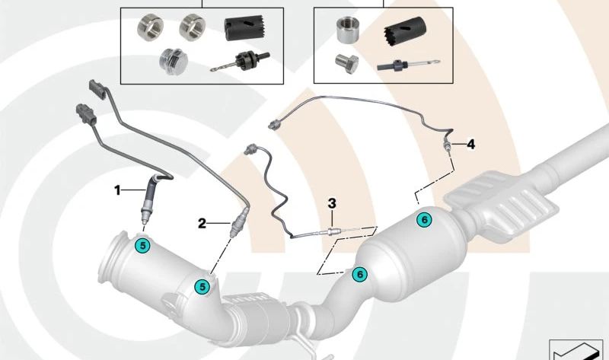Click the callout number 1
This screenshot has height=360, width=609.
point(118,190)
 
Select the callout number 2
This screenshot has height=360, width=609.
point(202,223)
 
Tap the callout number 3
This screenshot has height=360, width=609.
point(332,203)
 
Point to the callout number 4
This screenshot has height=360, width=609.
point(470,145)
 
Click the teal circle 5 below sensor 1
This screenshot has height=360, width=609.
point(142,245)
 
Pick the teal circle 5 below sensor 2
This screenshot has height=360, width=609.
point(202,287)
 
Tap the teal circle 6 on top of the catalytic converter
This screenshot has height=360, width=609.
point(424,220)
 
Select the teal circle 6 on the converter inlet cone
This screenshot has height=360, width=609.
point(359,274)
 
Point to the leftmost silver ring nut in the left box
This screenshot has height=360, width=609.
point(151,27)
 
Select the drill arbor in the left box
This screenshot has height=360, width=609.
point(240,62)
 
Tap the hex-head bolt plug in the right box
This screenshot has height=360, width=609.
point(346,62)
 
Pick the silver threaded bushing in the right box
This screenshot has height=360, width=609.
point(347,30)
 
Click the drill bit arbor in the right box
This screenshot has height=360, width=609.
point(408,65)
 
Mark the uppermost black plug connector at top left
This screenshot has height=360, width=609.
point(97,90)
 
